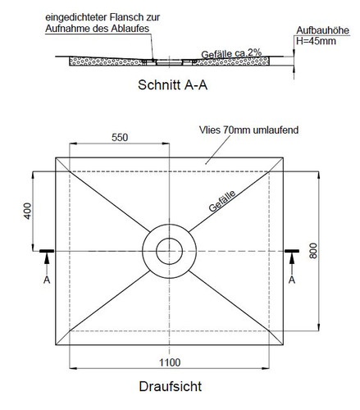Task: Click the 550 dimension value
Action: coord(120,137)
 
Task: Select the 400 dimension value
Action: coord(28,211)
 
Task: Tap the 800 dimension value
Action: coord(313,251)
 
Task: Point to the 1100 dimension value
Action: coord(170,362)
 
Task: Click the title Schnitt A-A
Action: coord(172,84)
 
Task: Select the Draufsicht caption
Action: coord(171,386)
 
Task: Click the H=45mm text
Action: coord(316,41)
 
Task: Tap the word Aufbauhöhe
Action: coord(322,30)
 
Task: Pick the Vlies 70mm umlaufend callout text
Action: coord(248,130)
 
